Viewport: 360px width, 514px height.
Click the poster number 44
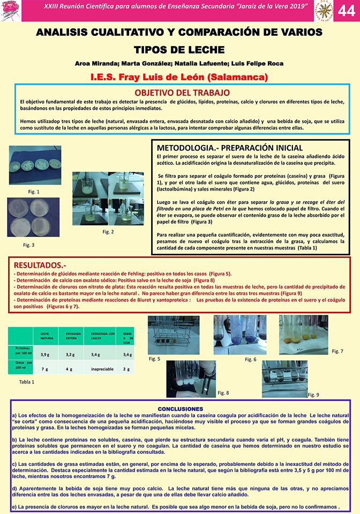[346, 11]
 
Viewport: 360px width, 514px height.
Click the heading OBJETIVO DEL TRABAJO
[182, 93]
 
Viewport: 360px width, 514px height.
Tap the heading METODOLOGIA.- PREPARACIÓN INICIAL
[229, 147]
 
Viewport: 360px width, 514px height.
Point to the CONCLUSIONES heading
[180, 409]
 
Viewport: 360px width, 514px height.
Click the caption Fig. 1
[34, 191]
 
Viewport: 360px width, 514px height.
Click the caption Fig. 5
[155, 359]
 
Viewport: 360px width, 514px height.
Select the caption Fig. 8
[223, 392]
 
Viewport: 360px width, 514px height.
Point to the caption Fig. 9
[314, 395]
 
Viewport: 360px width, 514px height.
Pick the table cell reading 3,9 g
[45, 354]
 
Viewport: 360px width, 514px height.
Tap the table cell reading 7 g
[45, 369]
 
